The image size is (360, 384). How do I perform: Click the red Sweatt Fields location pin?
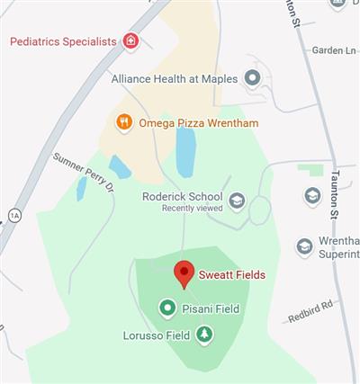184,272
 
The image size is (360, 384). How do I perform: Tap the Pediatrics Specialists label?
63,41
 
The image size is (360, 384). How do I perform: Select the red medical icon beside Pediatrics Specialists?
131,41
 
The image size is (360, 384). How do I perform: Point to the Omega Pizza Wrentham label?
184,121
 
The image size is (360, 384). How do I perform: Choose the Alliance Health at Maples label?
175,78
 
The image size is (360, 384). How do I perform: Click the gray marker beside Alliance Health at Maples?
253,78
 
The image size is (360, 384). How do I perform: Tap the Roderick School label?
183,196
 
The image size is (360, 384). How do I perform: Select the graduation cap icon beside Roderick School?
237,201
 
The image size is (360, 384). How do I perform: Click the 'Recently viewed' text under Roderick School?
191,208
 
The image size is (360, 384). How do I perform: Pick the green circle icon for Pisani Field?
166,308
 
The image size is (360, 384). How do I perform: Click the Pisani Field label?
211,308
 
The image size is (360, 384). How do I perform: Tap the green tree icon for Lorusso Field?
205,335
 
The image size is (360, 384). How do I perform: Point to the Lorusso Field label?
156,335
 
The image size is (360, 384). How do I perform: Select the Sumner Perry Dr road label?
85,174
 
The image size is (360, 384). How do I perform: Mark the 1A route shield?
13,215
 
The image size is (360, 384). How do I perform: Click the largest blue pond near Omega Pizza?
184,151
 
